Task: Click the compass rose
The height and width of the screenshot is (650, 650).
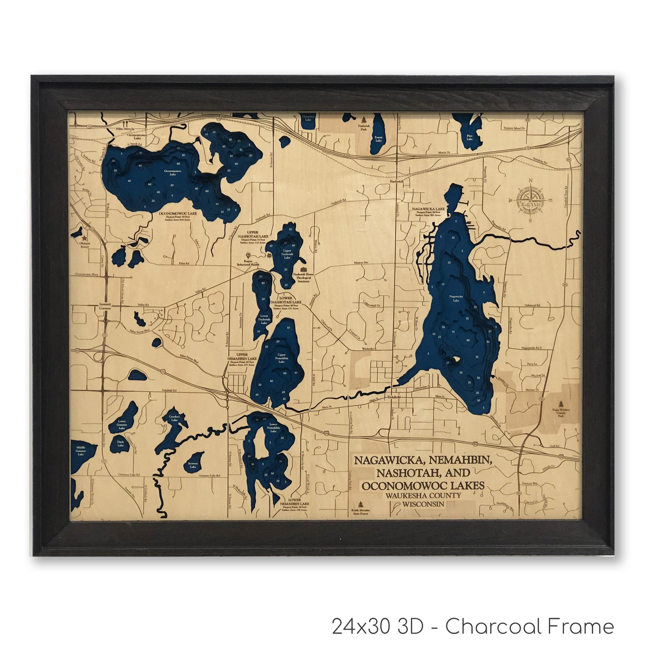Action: click(x=531, y=199)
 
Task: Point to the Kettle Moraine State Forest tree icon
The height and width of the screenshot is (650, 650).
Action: click(x=360, y=504)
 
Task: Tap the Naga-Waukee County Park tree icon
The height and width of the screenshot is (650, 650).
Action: click(x=560, y=403)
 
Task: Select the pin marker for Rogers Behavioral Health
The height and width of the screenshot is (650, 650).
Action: click(x=248, y=255)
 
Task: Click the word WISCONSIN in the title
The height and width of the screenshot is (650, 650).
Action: click(x=423, y=504)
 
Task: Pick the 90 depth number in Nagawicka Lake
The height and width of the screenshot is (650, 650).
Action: click(x=468, y=340)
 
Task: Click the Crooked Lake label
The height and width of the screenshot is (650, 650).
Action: click(x=174, y=418)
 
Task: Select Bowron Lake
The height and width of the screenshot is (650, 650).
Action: click(x=193, y=465)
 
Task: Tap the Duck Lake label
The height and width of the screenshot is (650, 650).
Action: click(x=120, y=444)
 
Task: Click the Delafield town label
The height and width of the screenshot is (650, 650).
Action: click(x=394, y=397)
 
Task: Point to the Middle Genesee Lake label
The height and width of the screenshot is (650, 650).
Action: click(x=81, y=451)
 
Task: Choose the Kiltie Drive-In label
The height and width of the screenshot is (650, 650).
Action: click(x=125, y=129)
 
